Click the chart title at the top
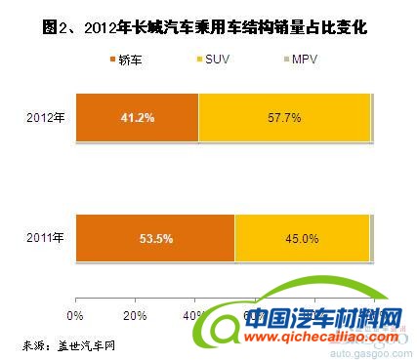point(208,27)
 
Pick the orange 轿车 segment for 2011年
point(154,236)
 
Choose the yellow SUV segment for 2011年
point(302,236)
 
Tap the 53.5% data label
point(154,236)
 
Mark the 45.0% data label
point(302,236)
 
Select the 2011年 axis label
point(46,236)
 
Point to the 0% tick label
point(74,315)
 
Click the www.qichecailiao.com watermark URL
point(322,337)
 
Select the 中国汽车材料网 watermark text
point(322,318)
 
